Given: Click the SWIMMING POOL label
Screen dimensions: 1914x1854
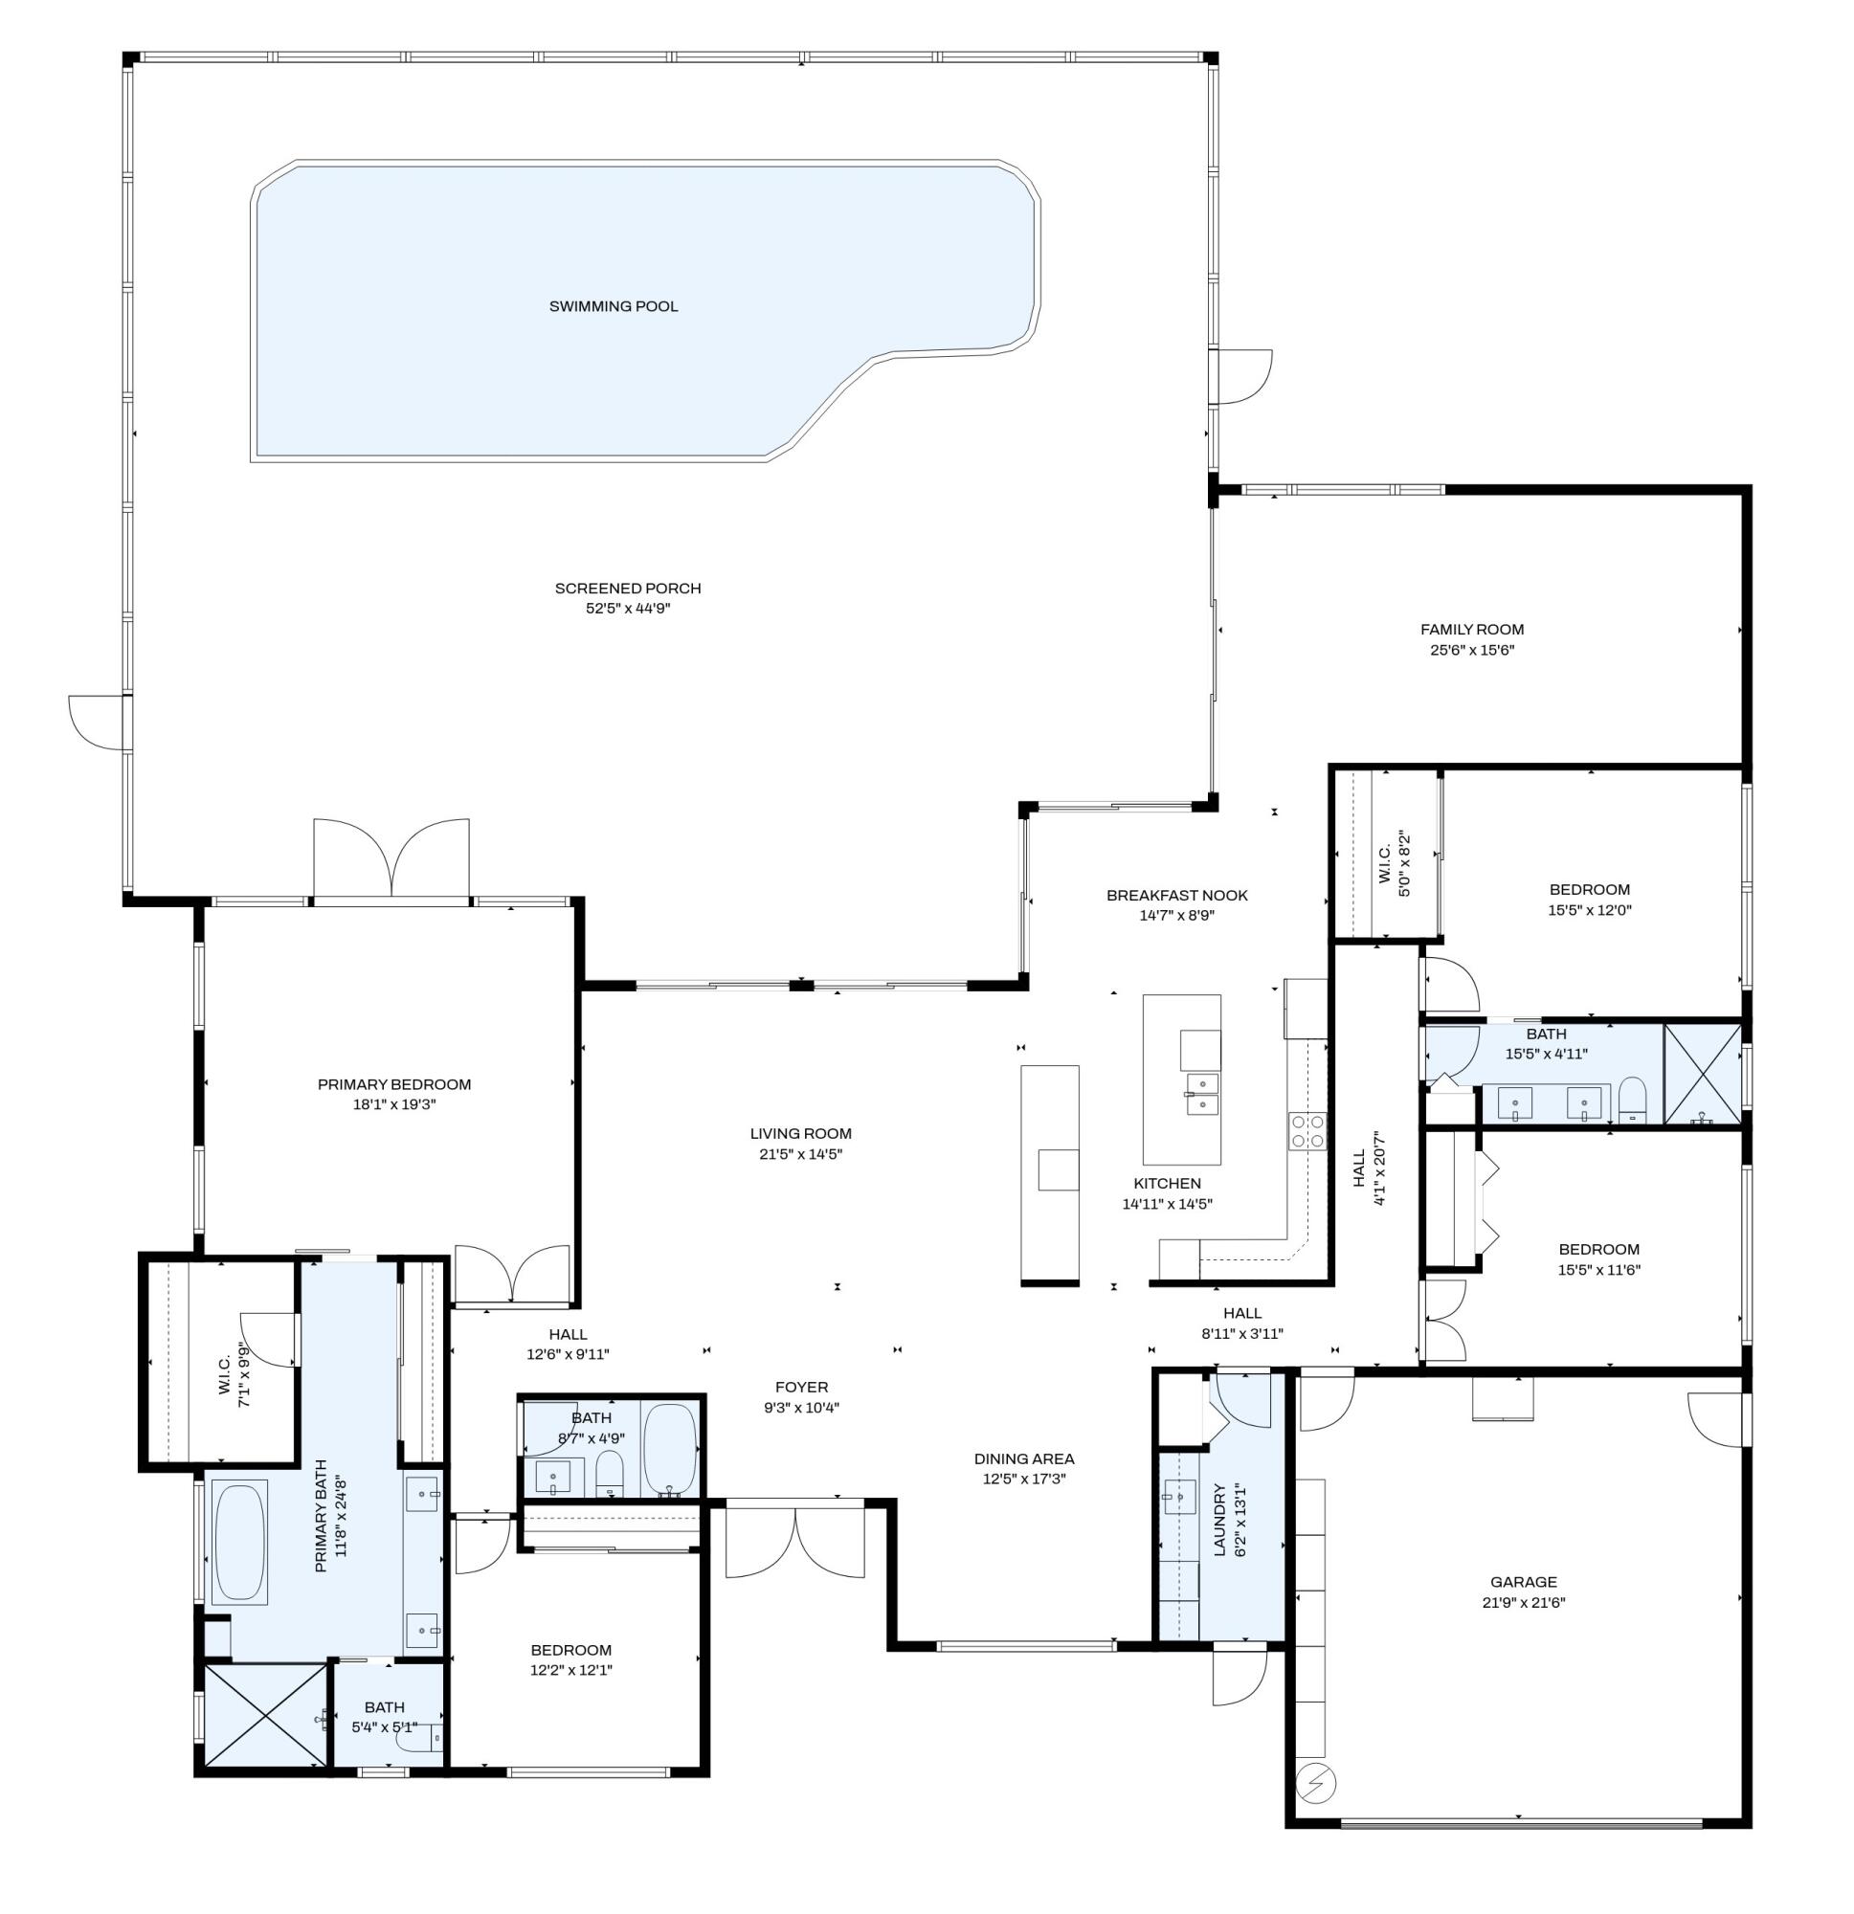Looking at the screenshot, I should coord(613,306).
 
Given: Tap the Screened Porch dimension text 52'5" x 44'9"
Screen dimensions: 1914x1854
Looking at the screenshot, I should coord(627,609).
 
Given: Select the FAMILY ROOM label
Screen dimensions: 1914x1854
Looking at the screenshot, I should coord(1471,630).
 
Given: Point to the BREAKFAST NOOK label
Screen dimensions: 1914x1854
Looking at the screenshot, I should coord(1176,896).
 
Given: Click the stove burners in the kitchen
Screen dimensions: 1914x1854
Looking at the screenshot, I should coord(1307,1130).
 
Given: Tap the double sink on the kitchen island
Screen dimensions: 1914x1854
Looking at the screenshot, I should coord(1202,1094).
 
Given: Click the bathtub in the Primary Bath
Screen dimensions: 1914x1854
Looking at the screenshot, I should coord(239,1542).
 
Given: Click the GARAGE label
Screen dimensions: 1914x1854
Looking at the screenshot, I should coord(1523,1582).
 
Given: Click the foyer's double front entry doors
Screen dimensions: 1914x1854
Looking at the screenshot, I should coord(794,1542).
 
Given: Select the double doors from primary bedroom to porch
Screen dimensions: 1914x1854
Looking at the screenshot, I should coord(391,857).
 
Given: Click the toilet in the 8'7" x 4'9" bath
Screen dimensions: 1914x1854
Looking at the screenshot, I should coord(610,1472).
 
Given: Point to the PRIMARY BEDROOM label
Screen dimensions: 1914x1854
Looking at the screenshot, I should coord(393,1084).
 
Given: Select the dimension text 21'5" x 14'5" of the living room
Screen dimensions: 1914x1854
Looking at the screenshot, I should coord(800,1154).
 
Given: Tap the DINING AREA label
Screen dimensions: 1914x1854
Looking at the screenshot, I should coord(1023,1458).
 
